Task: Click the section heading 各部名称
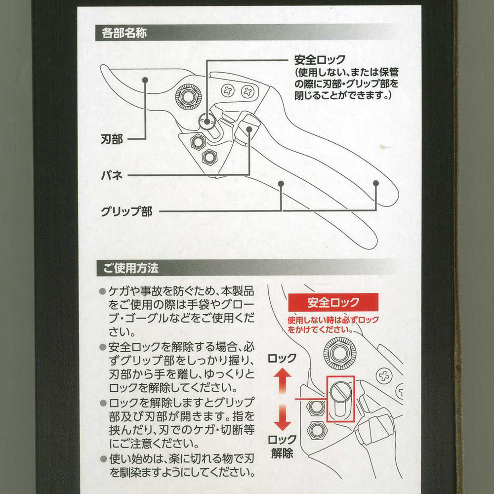(124, 33)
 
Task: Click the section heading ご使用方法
(130, 268)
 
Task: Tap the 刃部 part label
(112, 139)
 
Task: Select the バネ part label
(112, 175)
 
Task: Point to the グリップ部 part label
(126, 211)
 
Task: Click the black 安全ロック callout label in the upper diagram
(320, 59)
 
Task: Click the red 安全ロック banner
(333, 302)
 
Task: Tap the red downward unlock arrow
(282, 418)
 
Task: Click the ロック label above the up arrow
(282, 358)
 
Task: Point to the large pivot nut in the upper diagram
(188, 97)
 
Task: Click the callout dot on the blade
(145, 80)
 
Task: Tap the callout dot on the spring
(249, 129)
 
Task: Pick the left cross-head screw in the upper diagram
(227, 91)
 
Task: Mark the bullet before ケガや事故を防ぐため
(102, 291)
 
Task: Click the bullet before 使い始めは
(104, 459)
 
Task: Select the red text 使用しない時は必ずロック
(333, 320)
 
